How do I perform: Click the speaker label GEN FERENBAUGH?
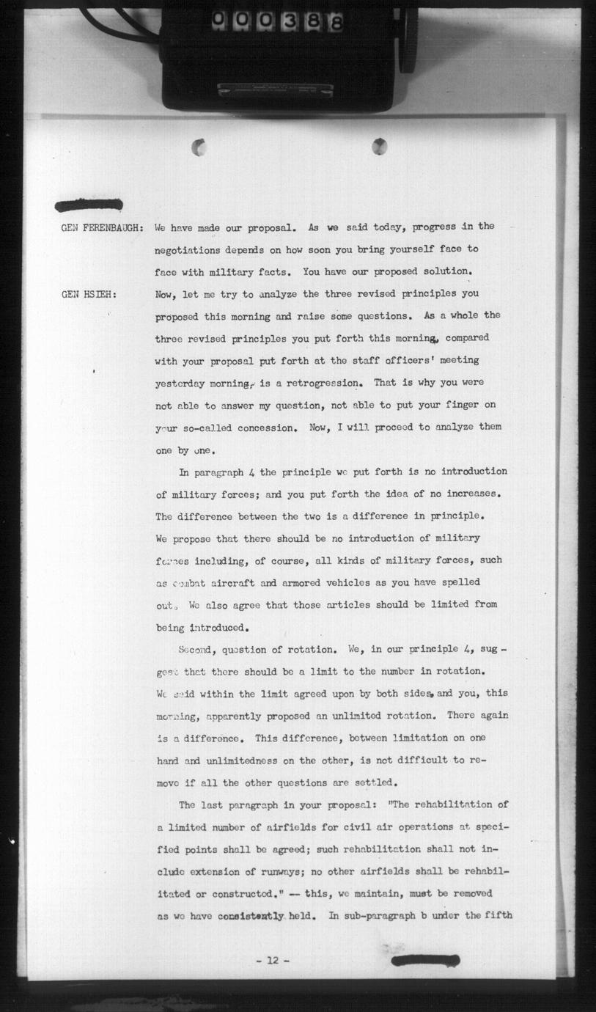click(x=102, y=227)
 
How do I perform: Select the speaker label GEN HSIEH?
click(x=87, y=295)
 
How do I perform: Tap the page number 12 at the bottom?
click(x=271, y=961)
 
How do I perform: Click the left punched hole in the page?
click(x=199, y=147)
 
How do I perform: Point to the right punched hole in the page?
click(x=379, y=146)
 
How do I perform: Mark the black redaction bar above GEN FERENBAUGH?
click(x=89, y=205)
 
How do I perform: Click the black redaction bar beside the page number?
click(x=425, y=961)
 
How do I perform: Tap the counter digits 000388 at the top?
click(x=277, y=23)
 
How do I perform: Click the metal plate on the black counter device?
click(x=275, y=89)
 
